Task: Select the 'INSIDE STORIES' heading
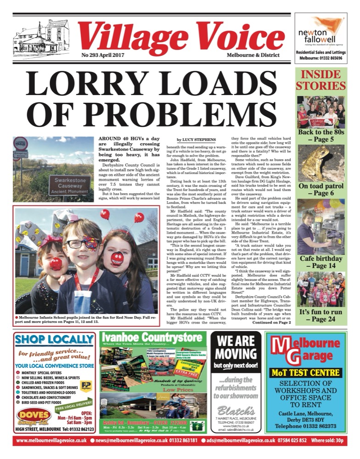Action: (320, 80)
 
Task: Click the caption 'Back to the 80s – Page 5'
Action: (320, 136)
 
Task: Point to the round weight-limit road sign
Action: (21, 144)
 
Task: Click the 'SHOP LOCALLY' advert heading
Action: (54, 340)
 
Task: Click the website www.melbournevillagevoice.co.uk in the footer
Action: (51, 441)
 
